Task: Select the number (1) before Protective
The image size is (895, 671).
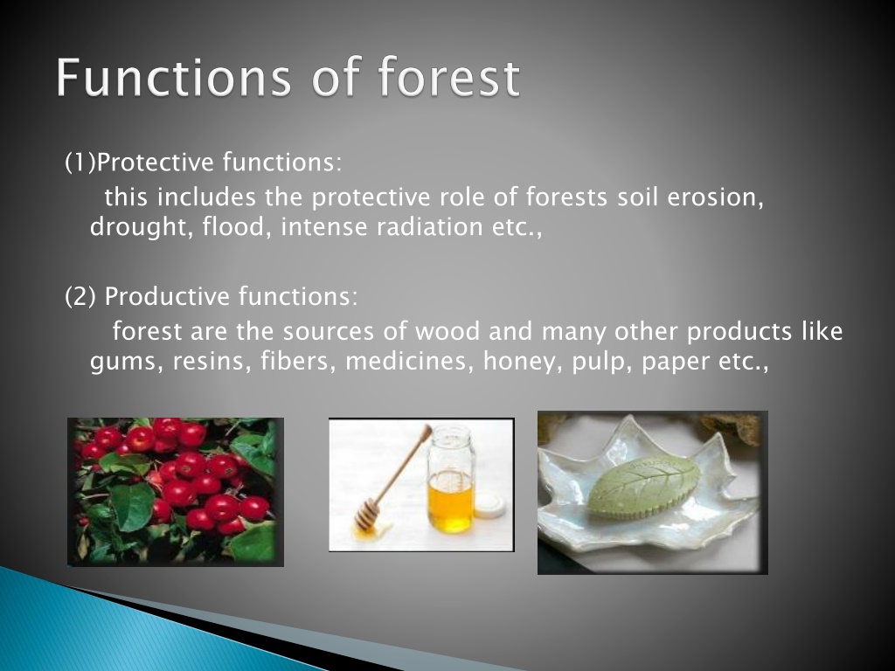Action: pyautogui.click(x=80, y=163)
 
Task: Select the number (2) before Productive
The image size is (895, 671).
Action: pyautogui.click(x=80, y=296)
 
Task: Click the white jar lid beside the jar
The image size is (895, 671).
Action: pyautogui.click(x=489, y=505)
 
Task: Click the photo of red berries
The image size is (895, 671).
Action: pyautogui.click(x=176, y=492)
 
